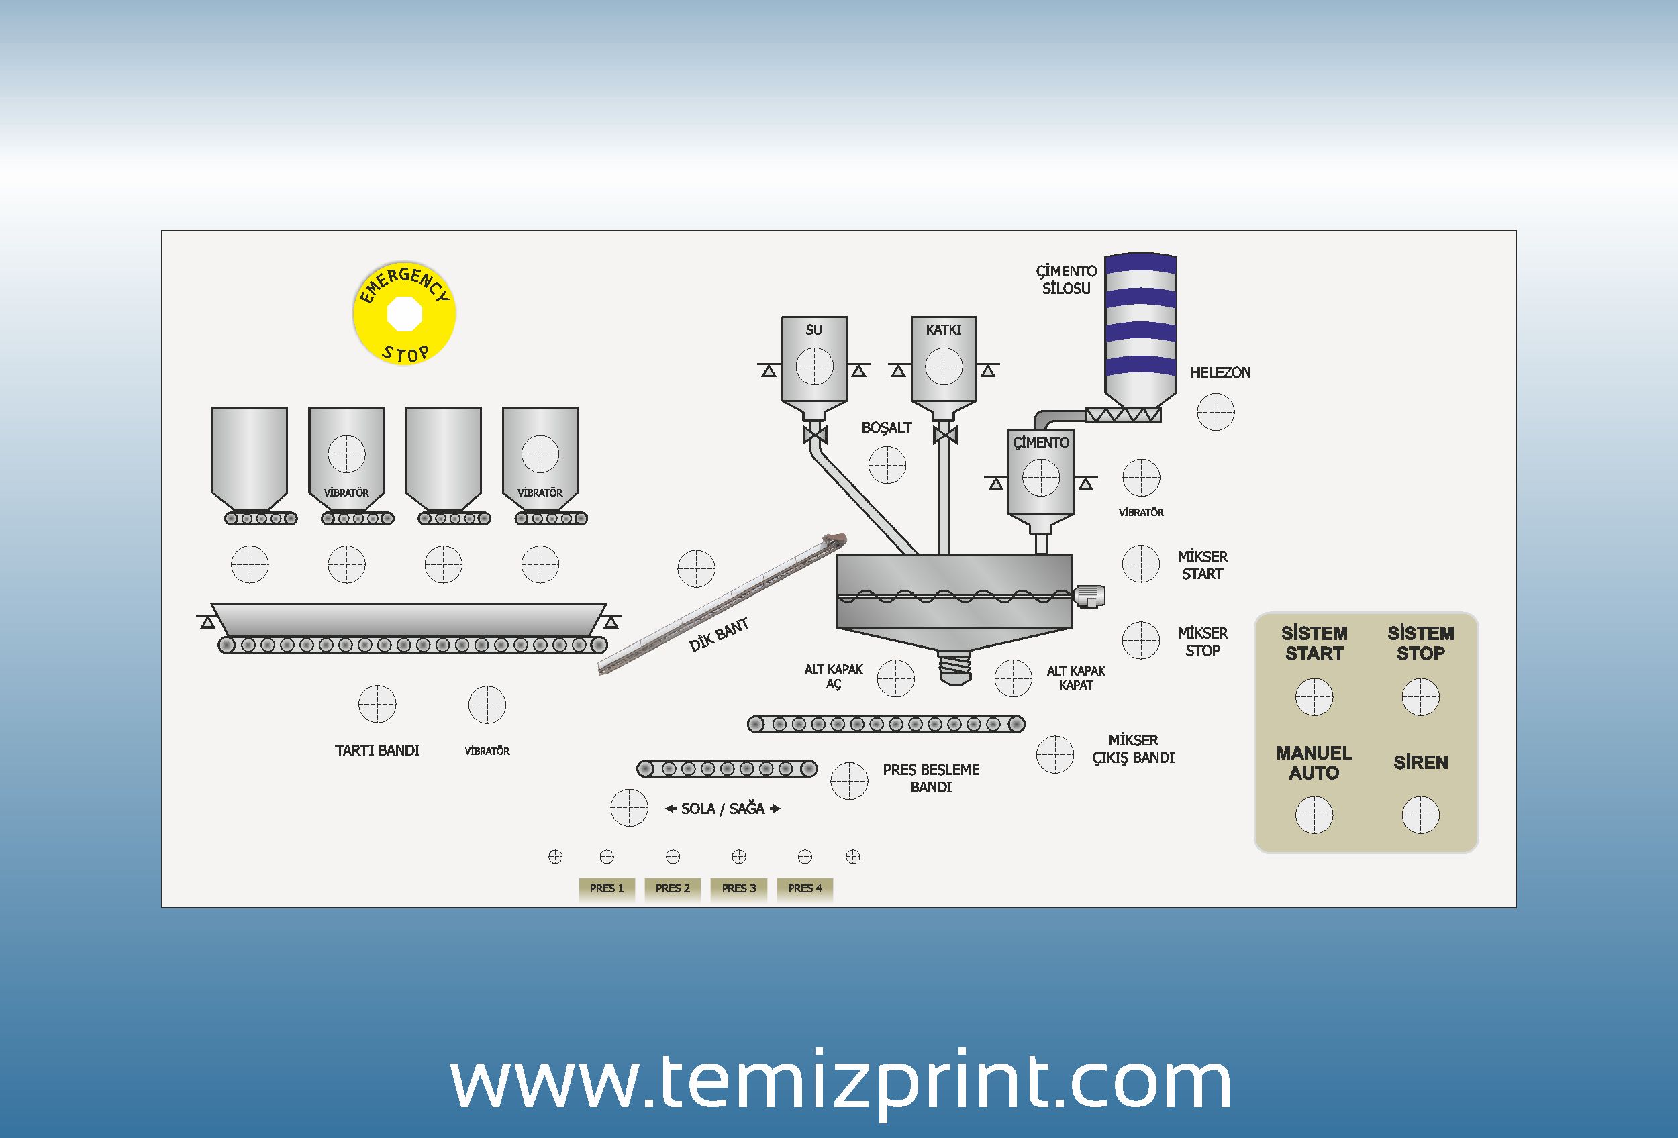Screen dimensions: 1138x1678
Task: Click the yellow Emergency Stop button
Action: tap(403, 313)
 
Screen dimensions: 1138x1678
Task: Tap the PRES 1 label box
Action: tap(607, 888)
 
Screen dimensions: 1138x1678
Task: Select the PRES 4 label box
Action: tap(804, 888)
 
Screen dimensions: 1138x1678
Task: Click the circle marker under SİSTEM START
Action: tap(1314, 697)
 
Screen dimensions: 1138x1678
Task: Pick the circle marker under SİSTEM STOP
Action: tap(1420, 697)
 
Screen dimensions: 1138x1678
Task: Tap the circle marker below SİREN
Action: tap(1420, 815)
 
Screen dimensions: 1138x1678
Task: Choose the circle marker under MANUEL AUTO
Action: tap(1314, 815)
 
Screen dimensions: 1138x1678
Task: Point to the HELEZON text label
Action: tap(1220, 373)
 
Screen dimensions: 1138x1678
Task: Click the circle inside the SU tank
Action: tap(814, 366)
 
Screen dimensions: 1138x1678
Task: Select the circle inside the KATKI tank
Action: tap(944, 366)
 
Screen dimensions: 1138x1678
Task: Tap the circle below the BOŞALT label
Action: tap(887, 465)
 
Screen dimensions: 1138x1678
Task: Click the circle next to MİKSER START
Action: tap(1141, 564)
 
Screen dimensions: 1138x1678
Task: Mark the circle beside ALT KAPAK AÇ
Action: tap(895, 678)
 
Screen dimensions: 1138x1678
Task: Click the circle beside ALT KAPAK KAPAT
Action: tap(1013, 678)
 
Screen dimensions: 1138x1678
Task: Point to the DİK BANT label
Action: tap(718, 635)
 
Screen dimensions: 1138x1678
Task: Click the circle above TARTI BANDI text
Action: tap(377, 705)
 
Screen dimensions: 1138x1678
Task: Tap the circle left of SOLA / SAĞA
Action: tap(629, 807)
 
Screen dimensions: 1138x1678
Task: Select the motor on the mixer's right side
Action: tap(1089, 596)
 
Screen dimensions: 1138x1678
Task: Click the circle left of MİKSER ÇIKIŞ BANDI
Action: tap(1055, 754)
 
